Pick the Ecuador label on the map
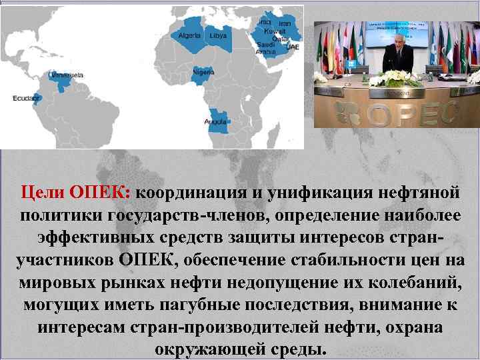pyautogui.click(x=22, y=99)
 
